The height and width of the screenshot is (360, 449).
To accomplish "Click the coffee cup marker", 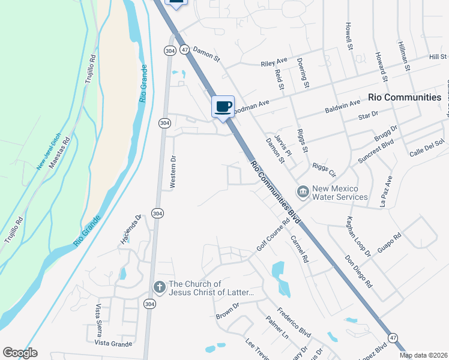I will click(x=223, y=107).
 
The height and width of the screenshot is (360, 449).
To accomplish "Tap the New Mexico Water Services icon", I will click(x=303, y=191).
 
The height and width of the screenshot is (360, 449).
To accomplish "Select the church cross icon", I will click(x=159, y=286).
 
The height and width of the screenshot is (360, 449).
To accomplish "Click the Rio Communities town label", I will click(x=405, y=97).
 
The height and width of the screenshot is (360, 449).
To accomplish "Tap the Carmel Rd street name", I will click(x=299, y=249).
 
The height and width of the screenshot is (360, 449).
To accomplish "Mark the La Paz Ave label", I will click(x=385, y=191).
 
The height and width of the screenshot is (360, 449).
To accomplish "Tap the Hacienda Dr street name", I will click(x=130, y=230).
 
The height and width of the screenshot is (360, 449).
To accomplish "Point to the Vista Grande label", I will click(x=113, y=343).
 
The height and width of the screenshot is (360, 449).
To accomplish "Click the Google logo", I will click(x=20, y=353).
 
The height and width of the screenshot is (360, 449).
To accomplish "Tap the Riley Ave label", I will click(x=274, y=62).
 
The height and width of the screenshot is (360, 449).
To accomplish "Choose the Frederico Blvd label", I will click(x=294, y=322).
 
